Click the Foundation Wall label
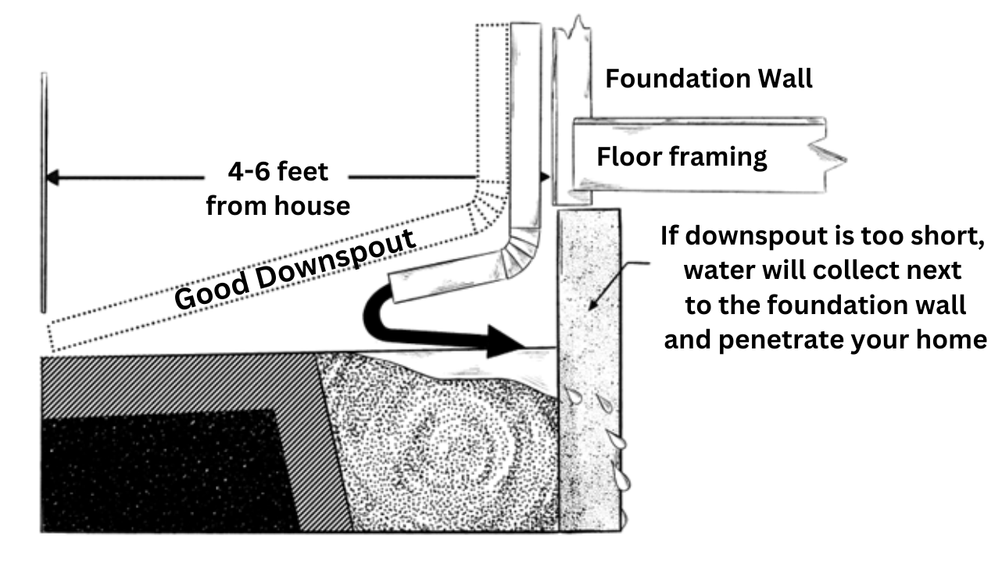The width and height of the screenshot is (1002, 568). click(x=708, y=79)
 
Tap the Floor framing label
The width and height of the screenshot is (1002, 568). click(x=682, y=157)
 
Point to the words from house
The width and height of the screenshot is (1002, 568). click(x=277, y=206)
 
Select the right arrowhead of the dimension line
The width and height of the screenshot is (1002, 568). click(x=544, y=177)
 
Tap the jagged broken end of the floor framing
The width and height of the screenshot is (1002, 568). click(x=833, y=155)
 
